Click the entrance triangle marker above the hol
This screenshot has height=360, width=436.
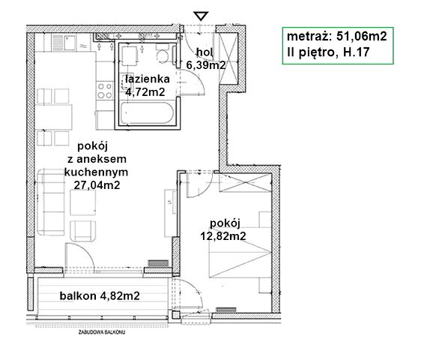click(x=201, y=16)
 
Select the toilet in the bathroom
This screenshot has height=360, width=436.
click(x=162, y=54)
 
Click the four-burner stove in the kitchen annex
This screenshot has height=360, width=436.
click(x=105, y=91)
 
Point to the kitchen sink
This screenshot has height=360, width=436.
click(x=64, y=43)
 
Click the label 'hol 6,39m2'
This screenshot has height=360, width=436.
click(x=206, y=58)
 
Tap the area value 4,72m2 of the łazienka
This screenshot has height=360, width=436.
click(x=145, y=92)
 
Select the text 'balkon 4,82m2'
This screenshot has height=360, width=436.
click(x=100, y=296)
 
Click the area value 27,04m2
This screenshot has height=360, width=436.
click(x=97, y=184)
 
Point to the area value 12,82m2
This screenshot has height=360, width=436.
click(x=223, y=236)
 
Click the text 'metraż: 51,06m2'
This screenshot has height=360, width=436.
click(x=336, y=37)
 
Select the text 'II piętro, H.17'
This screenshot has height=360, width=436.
click(x=328, y=52)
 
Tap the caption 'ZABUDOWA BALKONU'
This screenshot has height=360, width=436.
click(x=102, y=332)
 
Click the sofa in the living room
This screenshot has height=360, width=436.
click(x=51, y=202)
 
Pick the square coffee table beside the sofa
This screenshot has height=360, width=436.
click(x=83, y=202)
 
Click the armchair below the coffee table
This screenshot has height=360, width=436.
click(x=83, y=231)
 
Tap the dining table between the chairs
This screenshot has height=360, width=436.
click(x=53, y=117)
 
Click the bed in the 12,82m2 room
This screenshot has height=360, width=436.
click(x=240, y=253)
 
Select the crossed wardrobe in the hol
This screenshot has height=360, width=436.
click(x=228, y=58)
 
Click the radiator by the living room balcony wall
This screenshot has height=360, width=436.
click(x=158, y=263)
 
